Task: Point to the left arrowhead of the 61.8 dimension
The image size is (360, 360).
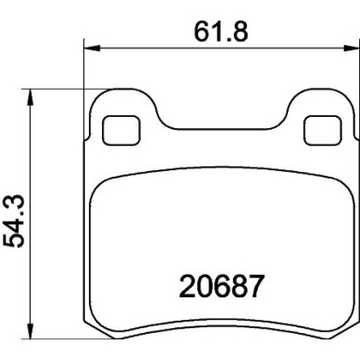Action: tap(90, 44)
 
